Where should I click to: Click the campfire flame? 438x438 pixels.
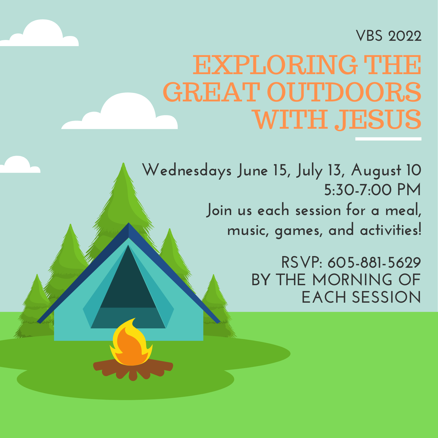click(x=131, y=343)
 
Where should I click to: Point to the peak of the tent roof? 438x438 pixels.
click(x=129, y=223)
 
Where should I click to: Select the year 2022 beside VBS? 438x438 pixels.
click(x=405, y=36)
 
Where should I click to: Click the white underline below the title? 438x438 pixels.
click(x=388, y=139)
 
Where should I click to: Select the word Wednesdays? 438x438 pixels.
click(x=187, y=171)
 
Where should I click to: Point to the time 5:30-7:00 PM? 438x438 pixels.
click(x=373, y=190)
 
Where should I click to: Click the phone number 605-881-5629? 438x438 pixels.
click(x=374, y=262)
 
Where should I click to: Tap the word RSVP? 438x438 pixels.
click(x=301, y=262)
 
